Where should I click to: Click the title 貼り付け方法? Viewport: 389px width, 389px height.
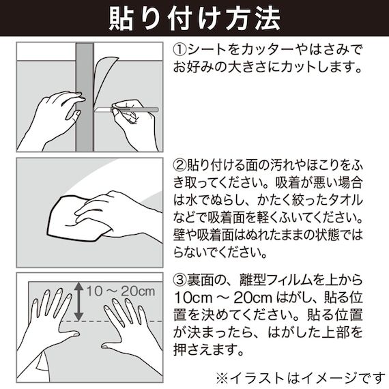[x=194, y=18]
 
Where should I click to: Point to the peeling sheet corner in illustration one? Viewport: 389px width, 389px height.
[x=106, y=68]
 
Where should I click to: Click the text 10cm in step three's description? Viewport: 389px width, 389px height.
[x=191, y=299]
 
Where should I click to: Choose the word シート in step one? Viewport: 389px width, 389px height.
[x=206, y=51]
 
